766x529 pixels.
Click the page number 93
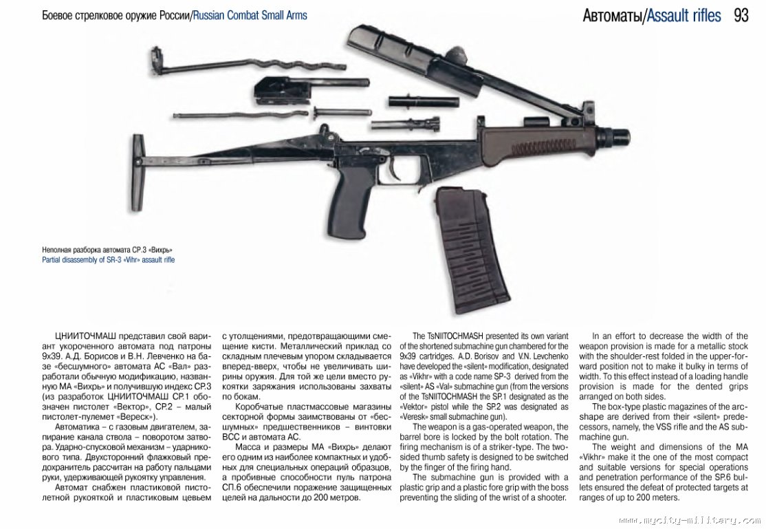pyautogui.click(x=741, y=14)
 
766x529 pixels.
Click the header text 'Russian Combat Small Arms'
pyautogui.click(x=250, y=15)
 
